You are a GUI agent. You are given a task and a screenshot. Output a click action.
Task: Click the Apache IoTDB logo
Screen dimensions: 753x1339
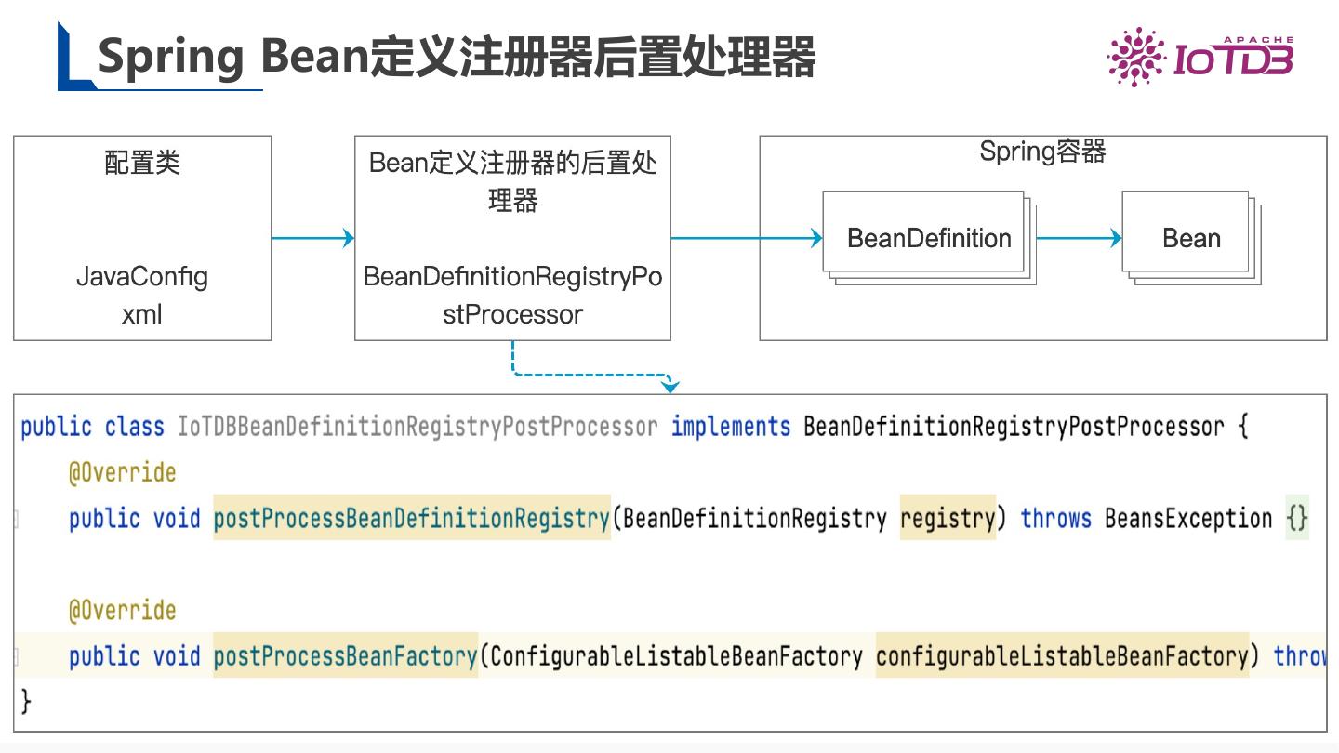point(1200,59)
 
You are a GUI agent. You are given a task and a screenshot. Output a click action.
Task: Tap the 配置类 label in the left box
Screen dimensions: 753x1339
point(142,164)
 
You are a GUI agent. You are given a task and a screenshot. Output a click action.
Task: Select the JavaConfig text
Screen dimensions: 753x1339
point(142,277)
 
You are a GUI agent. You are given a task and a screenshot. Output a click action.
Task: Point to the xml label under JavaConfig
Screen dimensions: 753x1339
point(142,314)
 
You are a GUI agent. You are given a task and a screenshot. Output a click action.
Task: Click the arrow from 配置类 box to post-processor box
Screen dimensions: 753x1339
point(312,238)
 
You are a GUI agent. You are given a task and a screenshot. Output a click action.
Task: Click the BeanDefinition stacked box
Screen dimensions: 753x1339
point(928,238)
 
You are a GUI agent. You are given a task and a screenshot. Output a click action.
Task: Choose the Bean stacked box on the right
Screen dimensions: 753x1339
point(1190,238)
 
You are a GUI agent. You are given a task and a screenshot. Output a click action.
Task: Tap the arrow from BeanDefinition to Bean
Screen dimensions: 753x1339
point(1079,238)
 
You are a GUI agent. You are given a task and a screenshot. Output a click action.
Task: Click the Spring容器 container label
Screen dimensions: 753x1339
point(1042,152)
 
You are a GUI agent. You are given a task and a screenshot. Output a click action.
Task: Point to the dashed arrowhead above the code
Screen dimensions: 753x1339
point(670,385)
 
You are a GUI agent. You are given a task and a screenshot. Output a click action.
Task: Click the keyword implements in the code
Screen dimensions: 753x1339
point(731,427)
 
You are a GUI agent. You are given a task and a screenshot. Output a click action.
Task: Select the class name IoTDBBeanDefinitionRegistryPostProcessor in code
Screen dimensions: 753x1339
point(418,427)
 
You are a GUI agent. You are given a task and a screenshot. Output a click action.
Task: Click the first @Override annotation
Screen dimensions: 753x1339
point(122,472)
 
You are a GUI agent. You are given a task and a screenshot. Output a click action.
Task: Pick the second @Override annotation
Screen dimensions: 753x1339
point(122,610)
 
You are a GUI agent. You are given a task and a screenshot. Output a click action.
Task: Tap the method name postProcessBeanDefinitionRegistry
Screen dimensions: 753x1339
point(411,518)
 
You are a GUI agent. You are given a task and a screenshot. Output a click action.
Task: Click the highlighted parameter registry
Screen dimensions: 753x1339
point(948,518)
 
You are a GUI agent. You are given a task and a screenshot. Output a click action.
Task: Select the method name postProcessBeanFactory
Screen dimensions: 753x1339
point(345,655)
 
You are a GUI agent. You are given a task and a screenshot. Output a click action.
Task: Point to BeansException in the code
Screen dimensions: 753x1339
point(1187,518)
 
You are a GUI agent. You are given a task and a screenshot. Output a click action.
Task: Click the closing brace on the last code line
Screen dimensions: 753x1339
point(26,700)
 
